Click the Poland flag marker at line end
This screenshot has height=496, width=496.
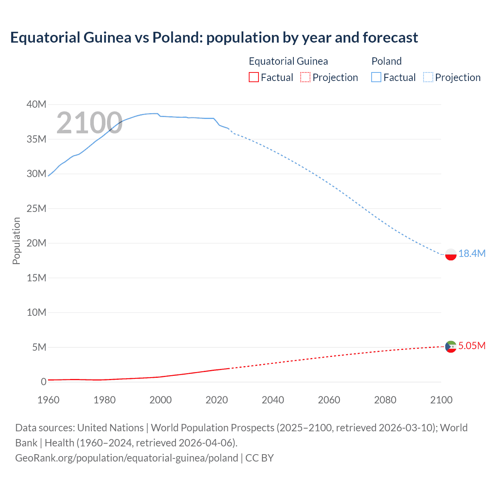pos(451,255)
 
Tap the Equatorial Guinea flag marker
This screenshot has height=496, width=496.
pos(451,346)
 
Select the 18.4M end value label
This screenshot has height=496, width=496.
pos(472,253)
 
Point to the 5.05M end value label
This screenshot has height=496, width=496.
pos(472,346)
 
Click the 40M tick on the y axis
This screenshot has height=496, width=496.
pos(36,104)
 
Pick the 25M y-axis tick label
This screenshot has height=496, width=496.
pos(36,208)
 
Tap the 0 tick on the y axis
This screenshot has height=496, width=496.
pos(43,382)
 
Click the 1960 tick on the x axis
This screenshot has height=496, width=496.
pos(48,400)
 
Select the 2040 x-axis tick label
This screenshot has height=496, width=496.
pos(273,400)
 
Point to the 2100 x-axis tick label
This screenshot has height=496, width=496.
pos(441,400)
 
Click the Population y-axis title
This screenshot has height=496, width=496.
pos(16,241)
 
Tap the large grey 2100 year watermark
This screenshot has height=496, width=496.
pos(90,123)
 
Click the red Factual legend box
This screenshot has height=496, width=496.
pos(254,77)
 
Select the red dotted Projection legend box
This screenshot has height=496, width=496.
pos(305,77)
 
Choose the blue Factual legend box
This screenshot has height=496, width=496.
pos(376,77)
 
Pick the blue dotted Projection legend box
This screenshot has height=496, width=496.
pos(428,77)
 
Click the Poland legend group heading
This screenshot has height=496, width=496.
pos(386,61)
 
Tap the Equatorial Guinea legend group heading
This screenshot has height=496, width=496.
pos(288,61)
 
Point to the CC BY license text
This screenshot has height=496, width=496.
pos(259,458)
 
